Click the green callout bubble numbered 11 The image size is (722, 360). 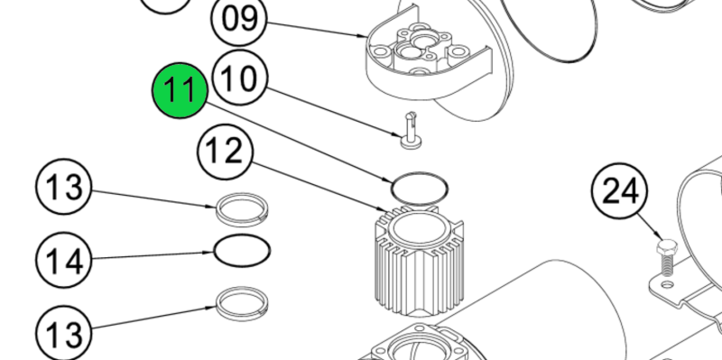tap(180, 91)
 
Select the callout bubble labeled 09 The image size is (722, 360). tap(239, 18)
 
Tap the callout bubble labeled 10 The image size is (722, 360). tap(240, 78)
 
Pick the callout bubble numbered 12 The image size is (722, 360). tap(226, 152)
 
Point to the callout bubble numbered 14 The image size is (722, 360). tap(64, 260)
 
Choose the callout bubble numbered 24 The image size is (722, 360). tap(620, 191)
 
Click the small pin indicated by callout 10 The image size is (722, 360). tap(411, 131)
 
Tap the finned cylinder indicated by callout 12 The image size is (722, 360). tap(419, 261)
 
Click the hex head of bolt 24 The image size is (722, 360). tap(667, 247)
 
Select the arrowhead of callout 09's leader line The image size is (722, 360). tap(364, 35)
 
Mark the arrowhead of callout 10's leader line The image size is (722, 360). tap(399, 134)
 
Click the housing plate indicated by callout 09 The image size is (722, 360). tap(428, 60)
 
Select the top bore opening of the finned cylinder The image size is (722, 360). tap(418, 228)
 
